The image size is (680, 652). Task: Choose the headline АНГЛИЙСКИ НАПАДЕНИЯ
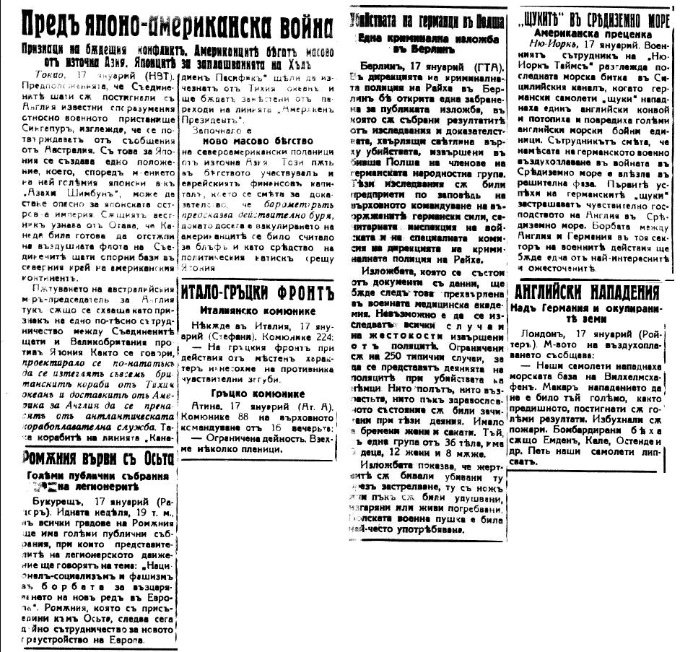click(x=588, y=292)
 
